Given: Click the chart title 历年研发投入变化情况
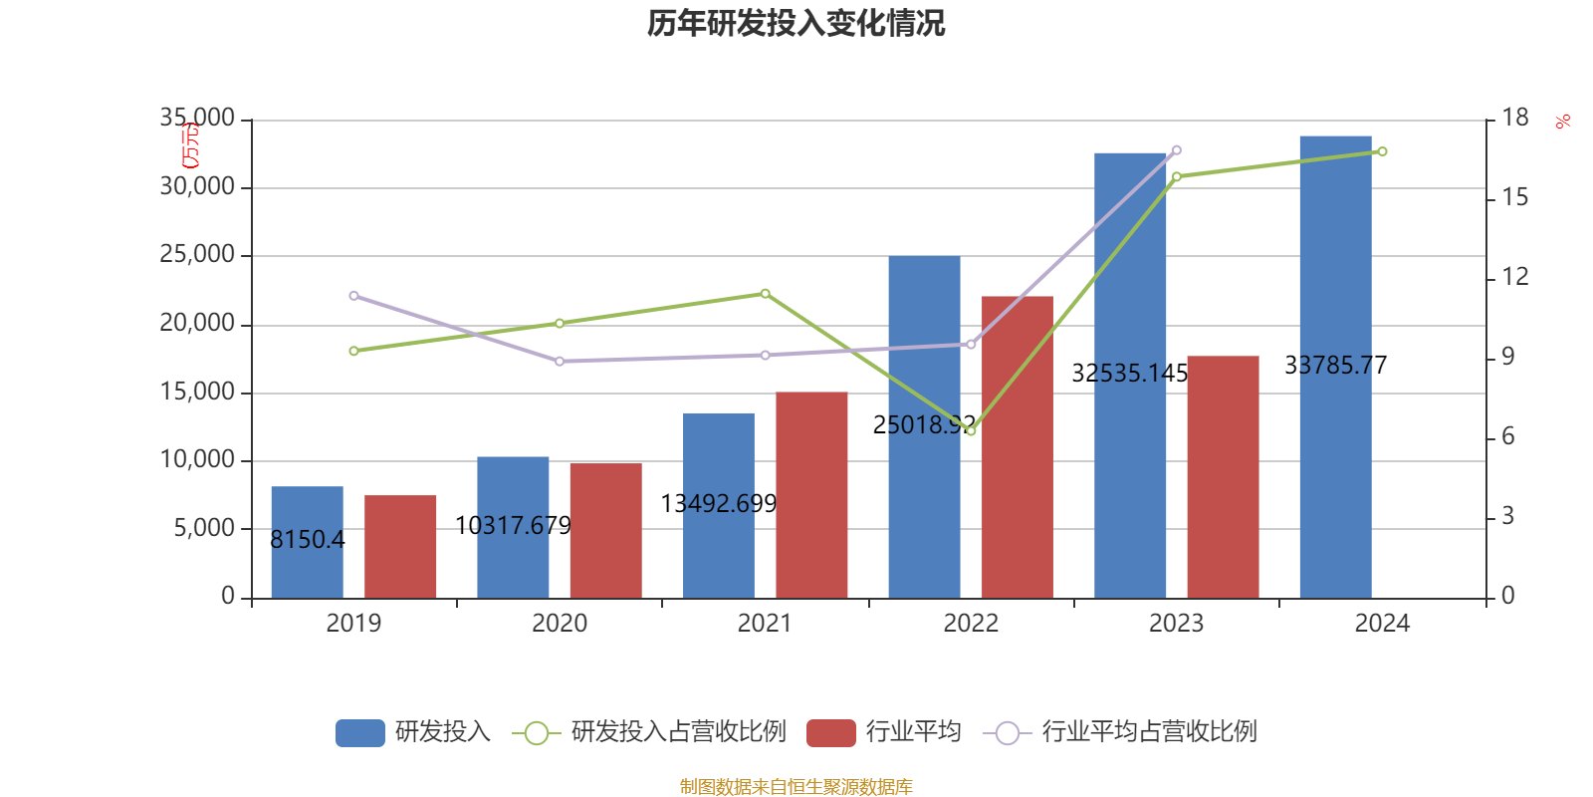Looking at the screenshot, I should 796,23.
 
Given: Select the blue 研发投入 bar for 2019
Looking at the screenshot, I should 307,542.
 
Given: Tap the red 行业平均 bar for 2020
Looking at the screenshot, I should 605,530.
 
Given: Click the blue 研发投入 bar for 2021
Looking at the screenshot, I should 718,505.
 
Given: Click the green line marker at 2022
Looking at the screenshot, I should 971,431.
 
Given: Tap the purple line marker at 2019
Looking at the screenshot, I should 353,296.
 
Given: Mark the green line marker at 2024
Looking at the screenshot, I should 1382,151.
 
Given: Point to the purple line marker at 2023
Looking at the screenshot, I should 1177,150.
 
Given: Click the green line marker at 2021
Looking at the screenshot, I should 765,294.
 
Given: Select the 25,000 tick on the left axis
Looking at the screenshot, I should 197,255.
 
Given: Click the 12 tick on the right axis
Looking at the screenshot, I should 1514,277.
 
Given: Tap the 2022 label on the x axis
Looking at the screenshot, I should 971,624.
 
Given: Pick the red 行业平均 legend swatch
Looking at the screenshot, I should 830,733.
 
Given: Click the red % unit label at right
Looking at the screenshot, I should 1563,122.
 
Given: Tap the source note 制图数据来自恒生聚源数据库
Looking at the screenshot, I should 796,787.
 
